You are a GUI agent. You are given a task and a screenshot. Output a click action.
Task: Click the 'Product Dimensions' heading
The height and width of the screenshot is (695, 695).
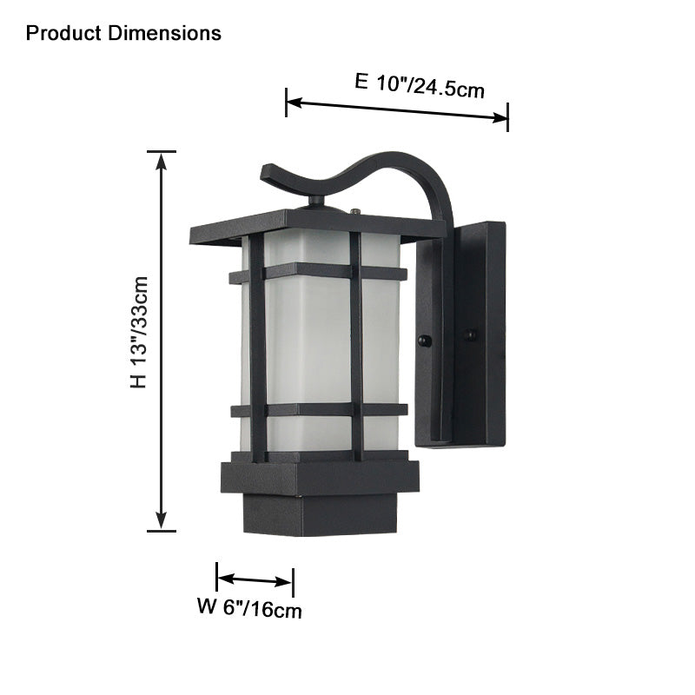[x=123, y=34]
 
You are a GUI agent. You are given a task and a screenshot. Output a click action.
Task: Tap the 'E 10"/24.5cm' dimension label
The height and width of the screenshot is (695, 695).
[x=420, y=84]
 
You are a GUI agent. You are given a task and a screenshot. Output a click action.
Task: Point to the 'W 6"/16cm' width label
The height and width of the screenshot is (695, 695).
[x=249, y=608]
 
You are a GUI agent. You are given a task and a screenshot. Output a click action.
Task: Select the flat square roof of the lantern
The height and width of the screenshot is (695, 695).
[x=317, y=225]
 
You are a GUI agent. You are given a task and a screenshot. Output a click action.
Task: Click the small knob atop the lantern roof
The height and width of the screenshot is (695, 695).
[x=316, y=202]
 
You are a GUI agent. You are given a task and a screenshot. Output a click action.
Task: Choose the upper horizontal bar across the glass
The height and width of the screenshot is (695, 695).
[x=318, y=274]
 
